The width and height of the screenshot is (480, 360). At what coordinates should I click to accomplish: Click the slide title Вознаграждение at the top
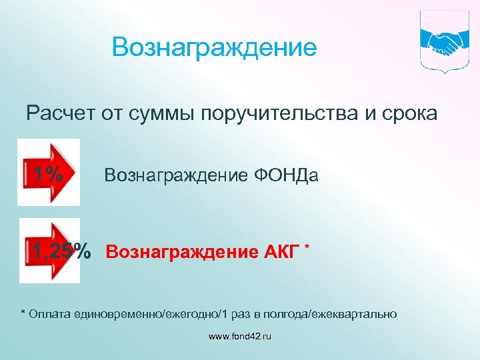click(x=215, y=47)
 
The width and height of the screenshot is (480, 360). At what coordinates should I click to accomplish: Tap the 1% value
click(x=48, y=175)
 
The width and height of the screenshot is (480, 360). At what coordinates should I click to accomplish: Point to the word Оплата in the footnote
click(x=51, y=313)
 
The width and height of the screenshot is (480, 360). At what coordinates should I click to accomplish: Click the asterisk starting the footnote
click(x=24, y=312)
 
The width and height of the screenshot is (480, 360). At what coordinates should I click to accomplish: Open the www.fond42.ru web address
click(x=240, y=337)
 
